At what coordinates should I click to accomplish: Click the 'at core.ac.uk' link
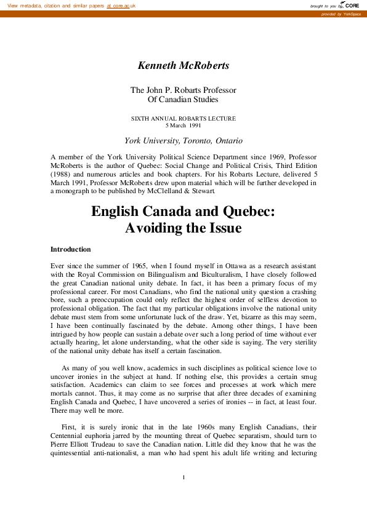point(121,6)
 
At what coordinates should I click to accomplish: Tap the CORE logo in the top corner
point(349,5)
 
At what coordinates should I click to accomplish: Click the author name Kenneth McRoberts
point(183,65)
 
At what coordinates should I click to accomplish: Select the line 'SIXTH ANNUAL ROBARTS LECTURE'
point(183,118)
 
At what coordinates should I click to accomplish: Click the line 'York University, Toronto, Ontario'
point(183,140)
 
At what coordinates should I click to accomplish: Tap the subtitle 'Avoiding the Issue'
point(183,228)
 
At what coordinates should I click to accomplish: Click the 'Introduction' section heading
point(71,249)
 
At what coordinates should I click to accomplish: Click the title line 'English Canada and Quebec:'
point(183,211)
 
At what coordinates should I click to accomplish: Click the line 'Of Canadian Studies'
point(183,99)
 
